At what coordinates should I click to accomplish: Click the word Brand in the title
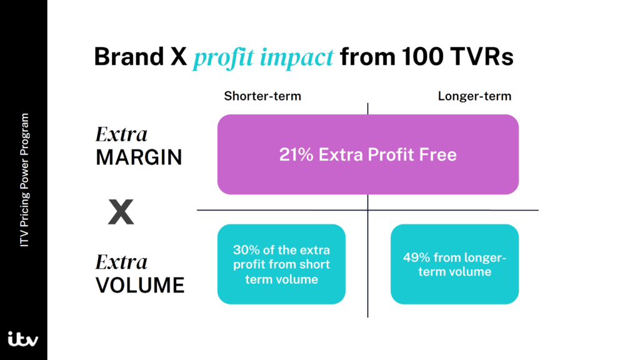coord(129,56)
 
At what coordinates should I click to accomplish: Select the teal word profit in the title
coord(224,57)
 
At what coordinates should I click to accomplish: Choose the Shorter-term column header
coord(262,96)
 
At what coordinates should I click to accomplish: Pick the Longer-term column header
coord(474,96)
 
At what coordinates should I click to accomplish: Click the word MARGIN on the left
coord(139,157)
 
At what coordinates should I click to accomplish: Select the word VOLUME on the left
coord(140,285)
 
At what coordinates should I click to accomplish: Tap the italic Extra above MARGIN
coord(121,134)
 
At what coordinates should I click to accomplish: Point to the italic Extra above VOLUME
coord(121,262)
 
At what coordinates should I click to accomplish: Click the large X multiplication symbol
coord(121,212)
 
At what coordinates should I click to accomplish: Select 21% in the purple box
coord(296,155)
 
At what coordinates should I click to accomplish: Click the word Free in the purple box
coord(439,155)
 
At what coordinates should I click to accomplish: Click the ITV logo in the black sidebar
coord(23,339)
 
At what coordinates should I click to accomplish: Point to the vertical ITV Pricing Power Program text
coord(24,180)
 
